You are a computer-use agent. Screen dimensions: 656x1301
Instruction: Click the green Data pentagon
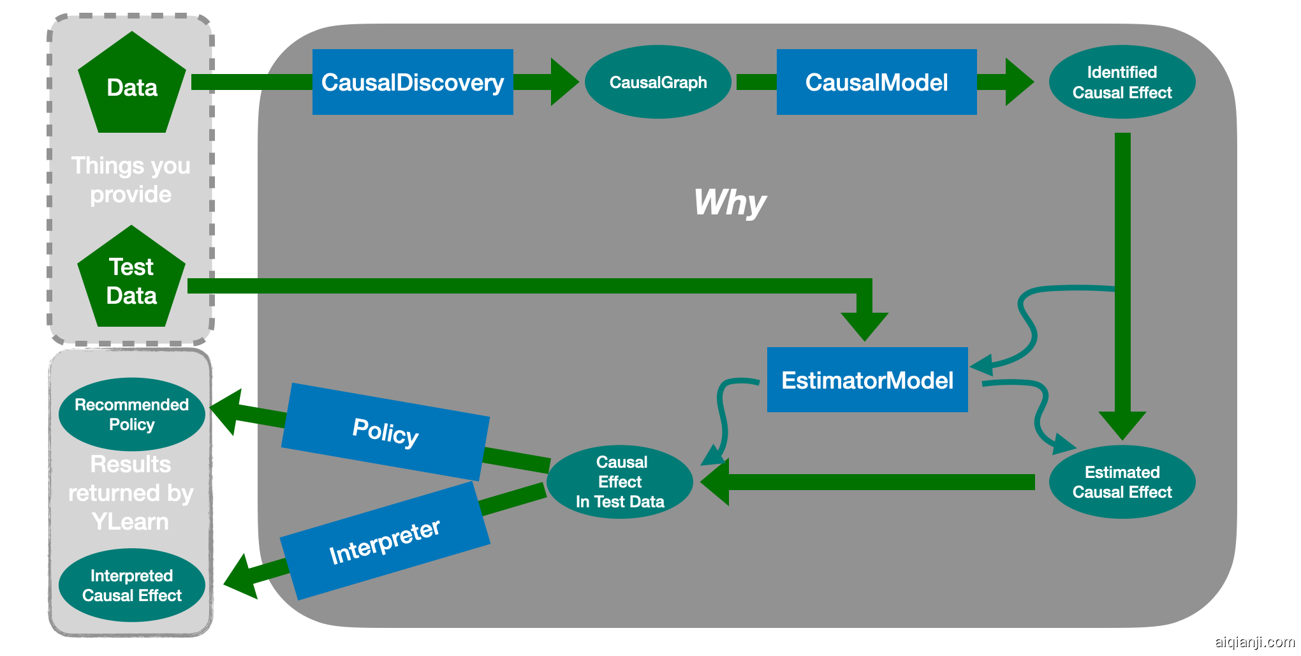131,86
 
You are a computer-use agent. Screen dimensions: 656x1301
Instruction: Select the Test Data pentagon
131,281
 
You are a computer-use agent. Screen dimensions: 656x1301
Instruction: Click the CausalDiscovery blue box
413,82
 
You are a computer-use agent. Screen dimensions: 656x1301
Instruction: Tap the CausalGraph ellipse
658,82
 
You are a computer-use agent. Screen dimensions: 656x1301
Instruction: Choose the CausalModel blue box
876,82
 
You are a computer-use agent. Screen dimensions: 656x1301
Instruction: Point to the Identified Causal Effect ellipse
1122,82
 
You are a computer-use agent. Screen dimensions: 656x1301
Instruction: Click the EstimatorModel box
867,380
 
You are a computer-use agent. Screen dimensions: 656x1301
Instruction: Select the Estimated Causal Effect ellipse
1122,482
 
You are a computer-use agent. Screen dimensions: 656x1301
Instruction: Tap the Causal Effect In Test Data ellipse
620,482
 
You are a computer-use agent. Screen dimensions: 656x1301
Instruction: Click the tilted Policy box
385,432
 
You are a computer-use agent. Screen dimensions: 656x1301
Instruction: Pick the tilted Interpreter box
385,541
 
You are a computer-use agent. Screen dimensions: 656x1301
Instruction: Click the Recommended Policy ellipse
131,414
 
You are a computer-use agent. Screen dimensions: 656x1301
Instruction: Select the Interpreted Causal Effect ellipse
131,585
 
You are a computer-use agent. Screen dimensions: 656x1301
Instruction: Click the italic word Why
730,203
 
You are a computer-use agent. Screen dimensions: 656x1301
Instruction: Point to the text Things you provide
131,180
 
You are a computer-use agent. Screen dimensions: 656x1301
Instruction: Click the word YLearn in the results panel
131,522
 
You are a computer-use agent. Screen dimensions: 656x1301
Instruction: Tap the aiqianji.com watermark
1254,641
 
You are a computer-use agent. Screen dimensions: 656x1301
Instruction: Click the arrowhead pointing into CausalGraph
564,82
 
